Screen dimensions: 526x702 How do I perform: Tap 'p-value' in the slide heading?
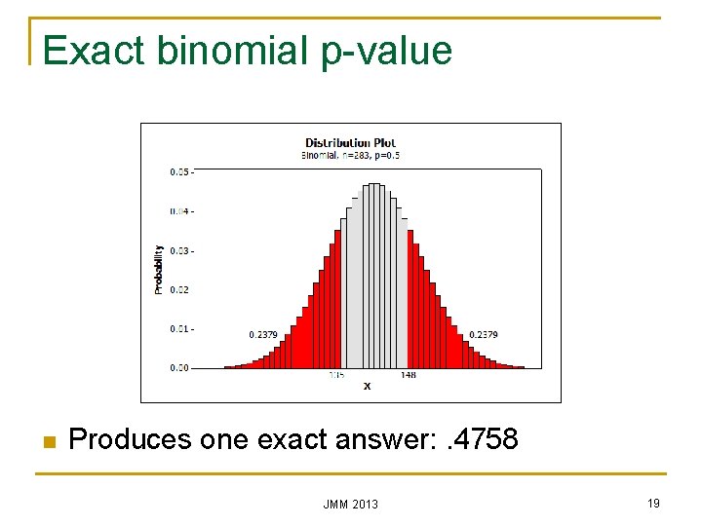point(387,51)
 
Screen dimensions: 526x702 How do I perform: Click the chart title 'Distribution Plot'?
point(351,143)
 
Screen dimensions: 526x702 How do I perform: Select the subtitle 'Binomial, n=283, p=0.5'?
point(351,155)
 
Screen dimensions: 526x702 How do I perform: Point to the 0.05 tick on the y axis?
point(180,171)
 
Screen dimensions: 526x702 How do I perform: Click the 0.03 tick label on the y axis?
point(180,250)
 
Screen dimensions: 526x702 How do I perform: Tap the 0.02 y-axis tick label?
point(180,289)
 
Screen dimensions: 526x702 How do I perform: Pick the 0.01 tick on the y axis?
point(180,329)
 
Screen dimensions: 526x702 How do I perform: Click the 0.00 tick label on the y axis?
point(180,368)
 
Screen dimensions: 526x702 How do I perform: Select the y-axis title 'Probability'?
point(159,270)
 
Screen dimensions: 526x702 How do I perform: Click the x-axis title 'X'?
point(367,386)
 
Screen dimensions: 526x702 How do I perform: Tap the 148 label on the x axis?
point(408,375)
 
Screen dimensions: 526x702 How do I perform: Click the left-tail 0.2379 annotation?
point(263,335)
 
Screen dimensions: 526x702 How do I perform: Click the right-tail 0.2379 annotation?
point(484,335)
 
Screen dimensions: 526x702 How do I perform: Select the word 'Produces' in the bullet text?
point(130,440)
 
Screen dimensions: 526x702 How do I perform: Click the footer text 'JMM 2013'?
point(351,504)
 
